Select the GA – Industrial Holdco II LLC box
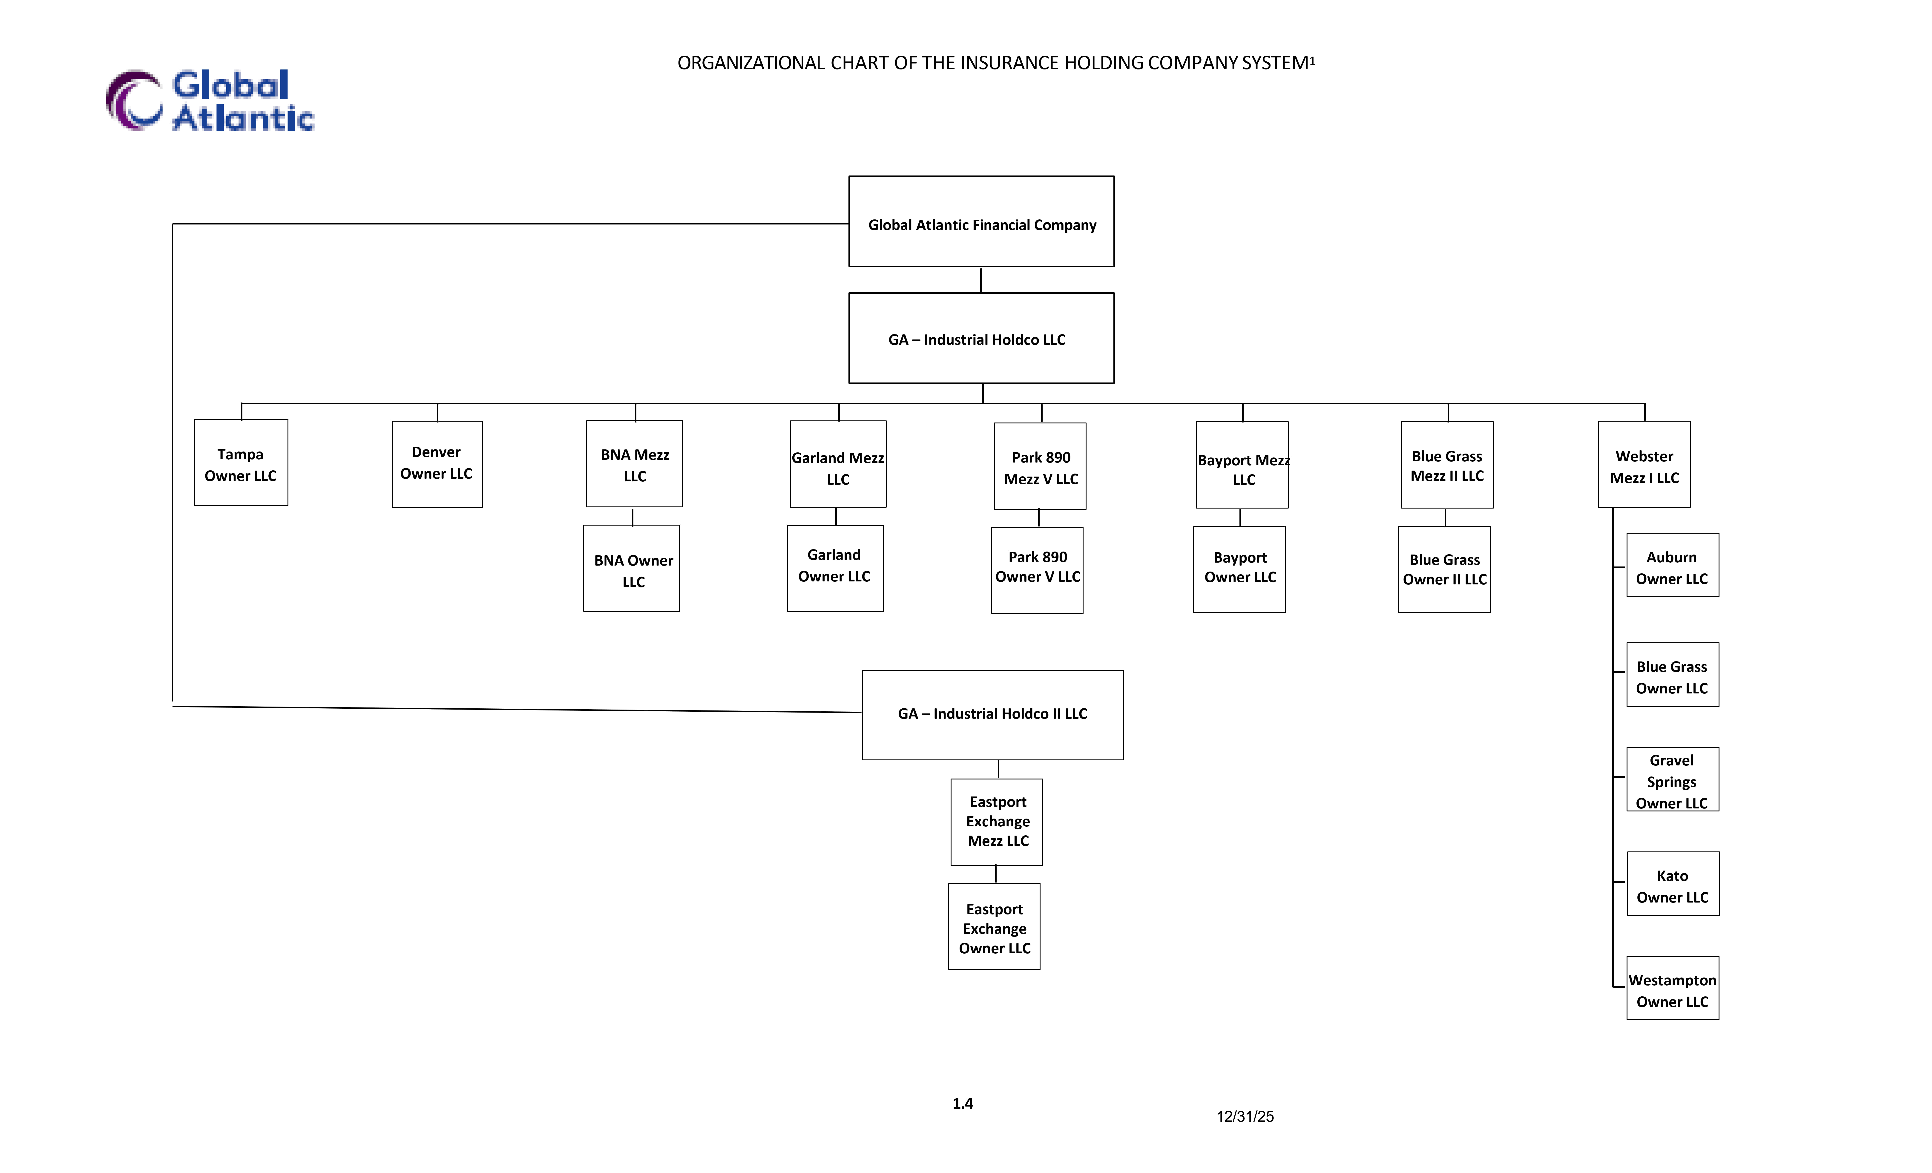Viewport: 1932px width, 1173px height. (993, 714)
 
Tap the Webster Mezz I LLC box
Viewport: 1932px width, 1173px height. (1644, 464)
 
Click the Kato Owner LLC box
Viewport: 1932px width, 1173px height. (1673, 884)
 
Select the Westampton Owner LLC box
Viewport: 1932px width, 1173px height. (1673, 988)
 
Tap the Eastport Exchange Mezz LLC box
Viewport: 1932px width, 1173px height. (997, 822)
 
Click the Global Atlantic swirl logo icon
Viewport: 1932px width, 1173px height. (134, 100)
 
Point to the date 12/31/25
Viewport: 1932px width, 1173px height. (1245, 1117)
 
